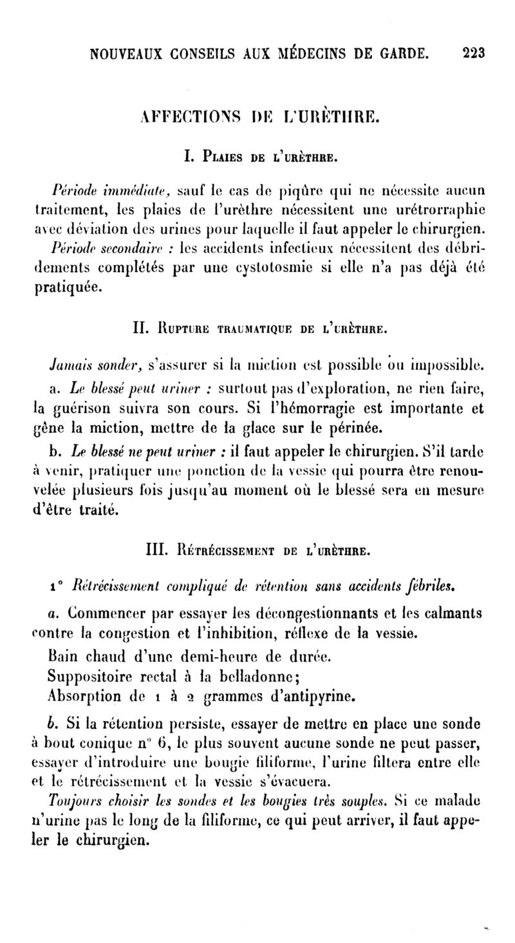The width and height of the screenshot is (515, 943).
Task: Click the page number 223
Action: (x=474, y=52)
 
